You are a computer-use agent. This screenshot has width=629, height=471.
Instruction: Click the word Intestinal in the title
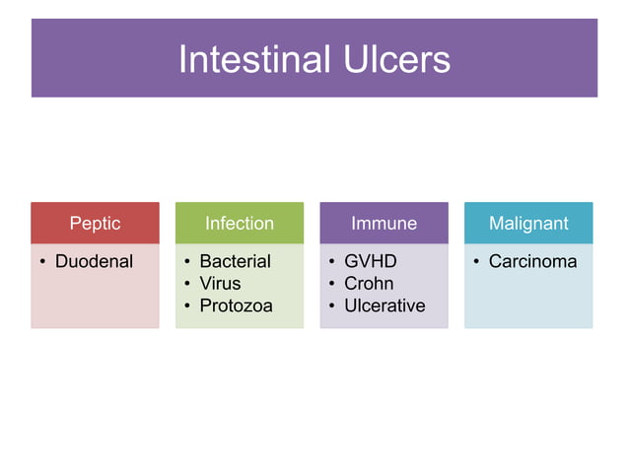click(x=251, y=59)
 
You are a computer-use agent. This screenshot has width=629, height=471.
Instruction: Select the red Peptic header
click(x=95, y=224)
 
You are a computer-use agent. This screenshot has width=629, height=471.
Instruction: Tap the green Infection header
click(x=239, y=224)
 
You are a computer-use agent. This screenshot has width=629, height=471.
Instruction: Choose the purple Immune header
click(x=384, y=224)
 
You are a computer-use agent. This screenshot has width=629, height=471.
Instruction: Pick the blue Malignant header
click(x=528, y=224)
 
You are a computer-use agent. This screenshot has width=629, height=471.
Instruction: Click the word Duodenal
click(x=94, y=262)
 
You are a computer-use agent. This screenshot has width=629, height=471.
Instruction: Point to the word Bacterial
click(x=235, y=262)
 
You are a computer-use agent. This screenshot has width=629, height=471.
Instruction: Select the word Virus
click(x=220, y=284)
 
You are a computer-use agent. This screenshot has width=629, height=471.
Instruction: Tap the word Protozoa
click(x=236, y=305)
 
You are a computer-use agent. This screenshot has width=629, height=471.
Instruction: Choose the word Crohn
click(x=369, y=284)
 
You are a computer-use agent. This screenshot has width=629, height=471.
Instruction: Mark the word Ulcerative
click(x=384, y=305)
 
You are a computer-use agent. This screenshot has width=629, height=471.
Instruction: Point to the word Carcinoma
click(x=532, y=262)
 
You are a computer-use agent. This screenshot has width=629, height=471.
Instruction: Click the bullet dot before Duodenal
click(x=42, y=263)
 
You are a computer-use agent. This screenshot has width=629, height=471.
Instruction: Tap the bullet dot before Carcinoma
click(x=476, y=263)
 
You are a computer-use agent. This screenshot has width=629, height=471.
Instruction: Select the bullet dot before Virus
click(x=187, y=285)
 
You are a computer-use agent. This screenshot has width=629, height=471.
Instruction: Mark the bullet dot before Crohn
click(x=332, y=285)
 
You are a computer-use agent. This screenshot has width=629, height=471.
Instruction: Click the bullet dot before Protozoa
click(x=187, y=306)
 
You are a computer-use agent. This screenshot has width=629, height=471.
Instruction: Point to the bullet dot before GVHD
click(x=332, y=263)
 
